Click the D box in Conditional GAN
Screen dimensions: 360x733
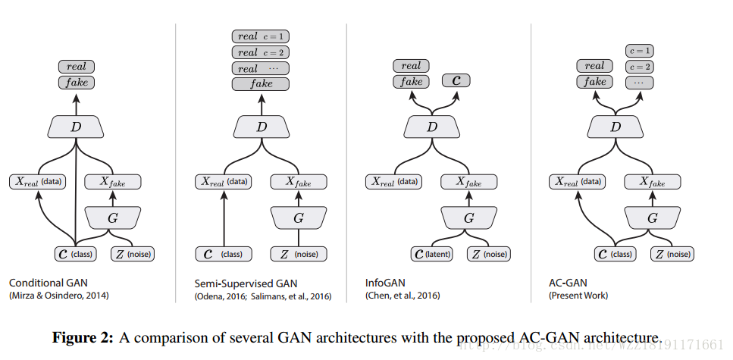click(x=76, y=127)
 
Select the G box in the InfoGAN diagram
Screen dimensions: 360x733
click(x=469, y=218)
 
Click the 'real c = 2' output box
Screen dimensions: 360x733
click(x=261, y=53)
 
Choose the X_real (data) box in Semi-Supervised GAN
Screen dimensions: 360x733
click(x=227, y=182)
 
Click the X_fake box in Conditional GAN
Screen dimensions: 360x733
click(x=112, y=182)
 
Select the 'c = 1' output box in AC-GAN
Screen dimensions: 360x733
click(x=640, y=51)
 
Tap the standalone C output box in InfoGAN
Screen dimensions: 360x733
click(x=456, y=81)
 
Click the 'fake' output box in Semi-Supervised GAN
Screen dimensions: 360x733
click(x=261, y=84)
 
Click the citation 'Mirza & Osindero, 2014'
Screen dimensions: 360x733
click(x=58, y=296)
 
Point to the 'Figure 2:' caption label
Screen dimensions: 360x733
click(x=83, y=338)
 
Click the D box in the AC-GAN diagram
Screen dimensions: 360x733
click(x=616, y=127)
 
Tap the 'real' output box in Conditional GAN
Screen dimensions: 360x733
click(x=76, y=67)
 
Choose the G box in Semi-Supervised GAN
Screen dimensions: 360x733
click(x=298, y=218)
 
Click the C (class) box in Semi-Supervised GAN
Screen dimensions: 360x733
click(x=225, y=254)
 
